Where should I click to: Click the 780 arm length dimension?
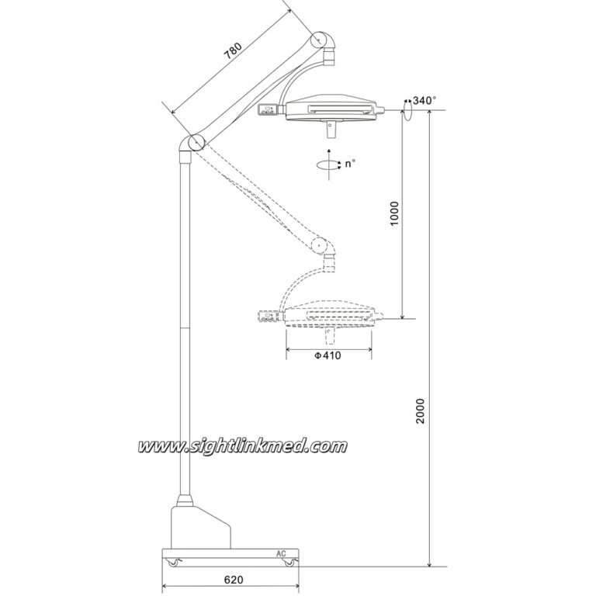pyautogui.click(x=233, y=51)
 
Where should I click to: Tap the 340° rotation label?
pyautogui.click(x=424, y=100)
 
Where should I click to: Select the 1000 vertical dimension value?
pyautogui.click(x=395, y=213)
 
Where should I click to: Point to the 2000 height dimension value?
pyautogui.click(x=420, y=411)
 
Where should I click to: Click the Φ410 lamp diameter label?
pyautogui.click(x=327, y=355)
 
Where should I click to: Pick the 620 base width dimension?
pyautogui.click(x=234, y=580)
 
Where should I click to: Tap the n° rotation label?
pyautogui.click(x=350, y=164)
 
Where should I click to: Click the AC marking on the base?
pyautogui.click(x=281, y=553)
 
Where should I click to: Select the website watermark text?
pyautogui.click(x=242, y=445)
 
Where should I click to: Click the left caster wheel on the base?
pyautogui.click(x=173, y=562)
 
